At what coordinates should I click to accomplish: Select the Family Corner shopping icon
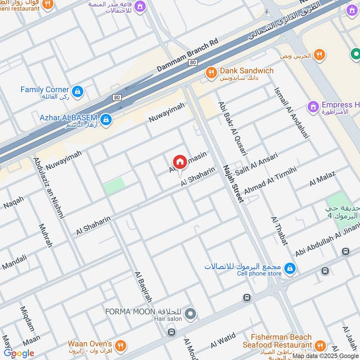click(78, 91)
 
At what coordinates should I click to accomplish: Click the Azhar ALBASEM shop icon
click(106, 119)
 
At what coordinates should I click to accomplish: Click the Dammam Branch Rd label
click(187, 55)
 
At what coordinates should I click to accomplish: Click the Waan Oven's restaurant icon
click(120, 346)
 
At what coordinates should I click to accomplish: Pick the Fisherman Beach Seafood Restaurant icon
click(320, 346)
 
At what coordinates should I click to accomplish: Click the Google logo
click(19, 353)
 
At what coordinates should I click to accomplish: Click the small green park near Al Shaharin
click(114, 186)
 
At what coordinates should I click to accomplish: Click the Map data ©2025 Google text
click(325, 355)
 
